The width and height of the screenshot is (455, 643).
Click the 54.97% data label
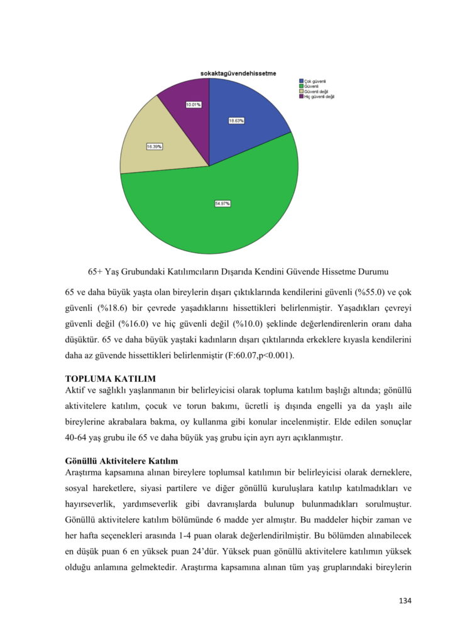pyautogui.click(x=222, y=203)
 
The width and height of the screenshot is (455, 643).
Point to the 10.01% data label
pyautogui.click(x=193, y=104)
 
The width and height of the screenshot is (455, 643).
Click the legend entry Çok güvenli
pyautogui.click(x=315, y=81)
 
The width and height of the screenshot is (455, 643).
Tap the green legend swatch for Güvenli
pyautogui.click(x=301, y=86)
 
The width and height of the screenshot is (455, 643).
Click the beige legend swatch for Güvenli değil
pyautogui.click(x=301, y=91)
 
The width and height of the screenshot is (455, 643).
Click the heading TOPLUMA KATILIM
pyautogui.click(x=111, y=379)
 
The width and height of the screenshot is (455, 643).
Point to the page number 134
pyautogui.click(x=405, y=601)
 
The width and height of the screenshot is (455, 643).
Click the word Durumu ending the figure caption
pyautogui.click(x=371, y=273)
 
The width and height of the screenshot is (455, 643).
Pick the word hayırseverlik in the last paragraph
pyautogui.click(x=92, y=504)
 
